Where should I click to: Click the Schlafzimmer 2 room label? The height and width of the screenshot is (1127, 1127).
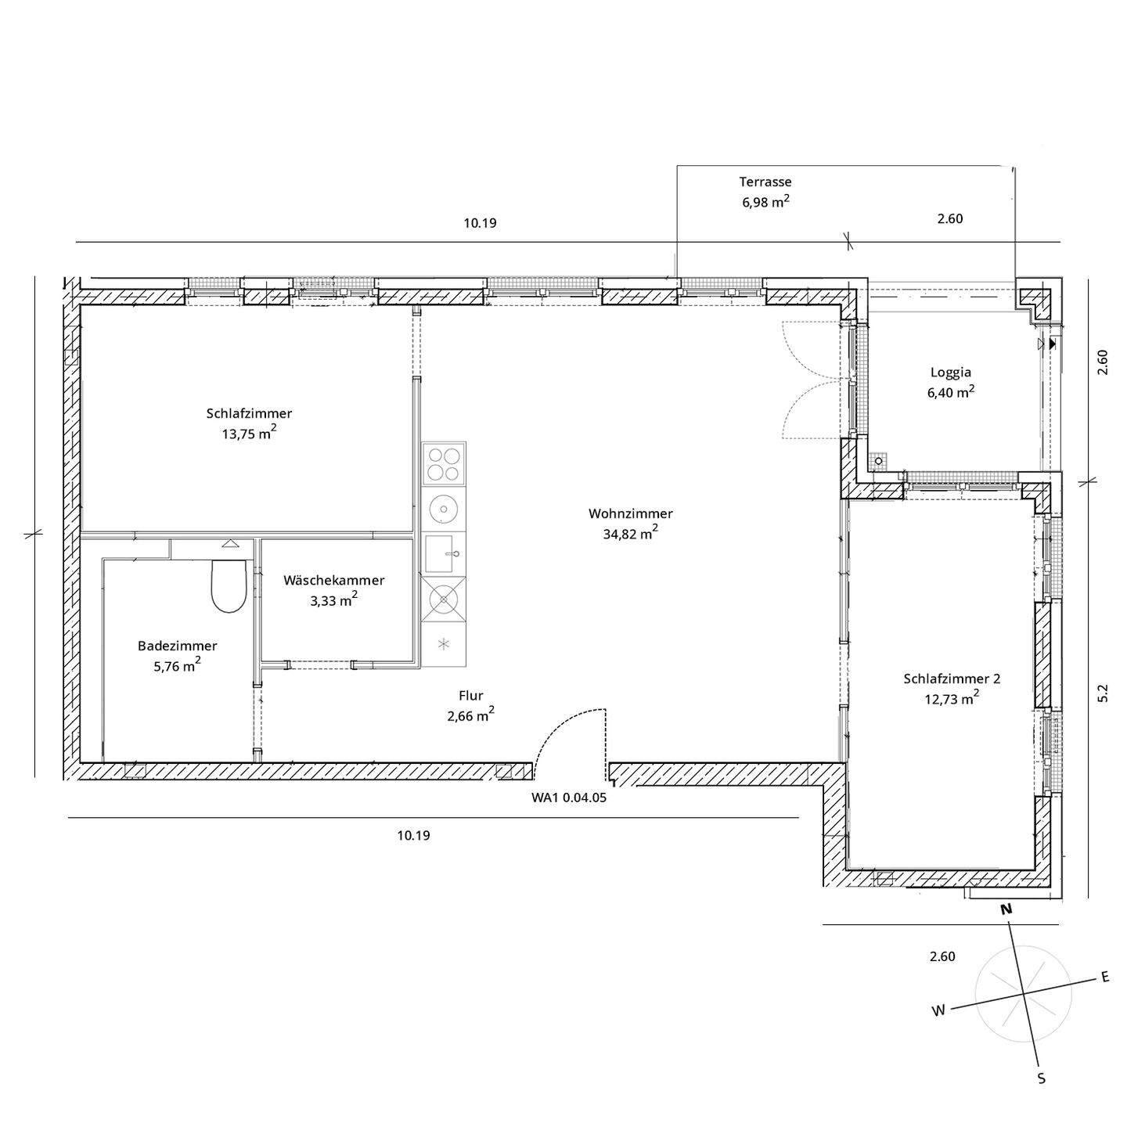(952, 679)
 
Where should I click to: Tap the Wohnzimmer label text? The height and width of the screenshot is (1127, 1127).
(631, 513)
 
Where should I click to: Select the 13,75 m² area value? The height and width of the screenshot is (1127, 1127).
(249, 433)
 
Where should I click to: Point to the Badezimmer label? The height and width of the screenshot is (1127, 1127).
(177, 646)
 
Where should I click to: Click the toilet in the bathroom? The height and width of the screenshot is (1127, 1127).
(228, 587)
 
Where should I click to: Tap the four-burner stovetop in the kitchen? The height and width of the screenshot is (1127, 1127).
(444, 463)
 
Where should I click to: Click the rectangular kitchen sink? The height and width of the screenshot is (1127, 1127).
(443, 553)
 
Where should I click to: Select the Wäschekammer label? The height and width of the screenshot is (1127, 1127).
(334, 580)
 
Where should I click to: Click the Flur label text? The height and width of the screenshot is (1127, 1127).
(471, 696)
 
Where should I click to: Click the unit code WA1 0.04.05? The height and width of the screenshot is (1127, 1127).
(568, 798)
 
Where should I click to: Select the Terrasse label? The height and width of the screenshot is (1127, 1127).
(765, 182)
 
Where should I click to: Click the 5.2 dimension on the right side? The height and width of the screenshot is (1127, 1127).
(1103, 693)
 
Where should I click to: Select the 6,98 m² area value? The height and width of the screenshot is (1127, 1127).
(765, 202)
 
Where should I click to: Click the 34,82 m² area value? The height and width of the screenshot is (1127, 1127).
(631, 533)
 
